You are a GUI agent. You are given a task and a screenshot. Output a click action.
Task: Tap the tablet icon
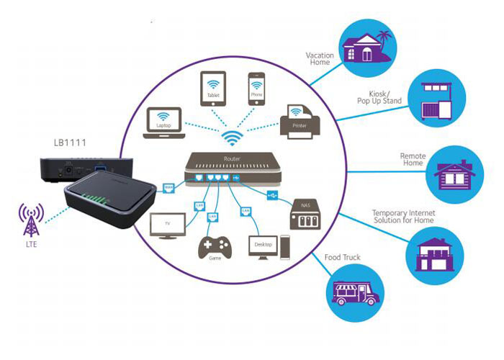tap(212, 89)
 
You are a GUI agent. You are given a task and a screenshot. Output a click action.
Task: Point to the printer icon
tap(300, 118)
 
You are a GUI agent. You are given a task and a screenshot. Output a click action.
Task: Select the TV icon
tap(167, 225)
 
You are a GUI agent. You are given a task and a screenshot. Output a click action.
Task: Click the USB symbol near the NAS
tap(271, 194)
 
